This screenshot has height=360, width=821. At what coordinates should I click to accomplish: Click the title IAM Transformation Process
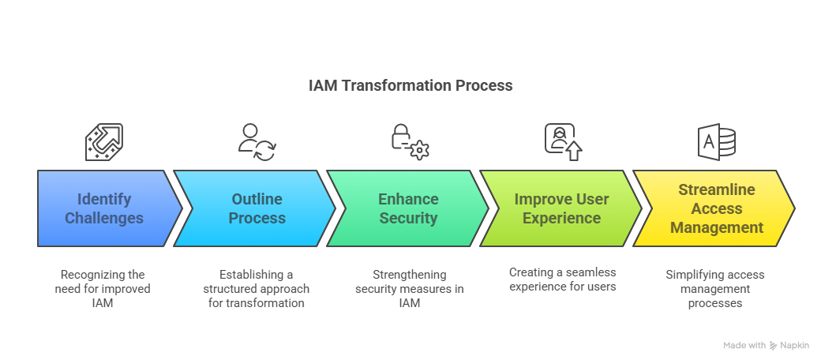tap(410, 85)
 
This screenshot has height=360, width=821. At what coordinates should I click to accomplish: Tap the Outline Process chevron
tap(257, 208)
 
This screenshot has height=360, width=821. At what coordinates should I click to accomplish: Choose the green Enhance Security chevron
tap(408, 208)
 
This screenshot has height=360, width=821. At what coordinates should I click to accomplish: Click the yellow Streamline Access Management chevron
tap(716, 208)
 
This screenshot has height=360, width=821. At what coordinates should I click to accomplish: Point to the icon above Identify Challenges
tap(104, 142)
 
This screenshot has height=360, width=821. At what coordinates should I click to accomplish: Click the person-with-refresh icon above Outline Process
tap(257, 142)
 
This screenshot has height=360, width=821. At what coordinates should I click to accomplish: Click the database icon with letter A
tap(716, 142)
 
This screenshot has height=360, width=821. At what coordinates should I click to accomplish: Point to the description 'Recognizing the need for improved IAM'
tap(103, 288)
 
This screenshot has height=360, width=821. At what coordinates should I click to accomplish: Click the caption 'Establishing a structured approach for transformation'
tap(257, 288)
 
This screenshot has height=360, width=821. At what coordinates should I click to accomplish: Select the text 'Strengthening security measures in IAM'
tap(410, 288)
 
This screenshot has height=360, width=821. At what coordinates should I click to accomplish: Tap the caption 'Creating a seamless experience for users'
tap(563, 279)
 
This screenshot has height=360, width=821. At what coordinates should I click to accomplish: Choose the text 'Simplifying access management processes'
tap(715, 288)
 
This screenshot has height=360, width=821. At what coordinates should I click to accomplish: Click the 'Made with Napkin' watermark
tap(767, 345)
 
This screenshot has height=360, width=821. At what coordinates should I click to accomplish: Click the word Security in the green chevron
tap(408, 218)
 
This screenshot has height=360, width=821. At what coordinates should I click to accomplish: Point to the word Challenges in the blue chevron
tap(104, 218)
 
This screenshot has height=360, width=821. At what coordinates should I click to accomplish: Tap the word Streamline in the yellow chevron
tap(717, 189)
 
